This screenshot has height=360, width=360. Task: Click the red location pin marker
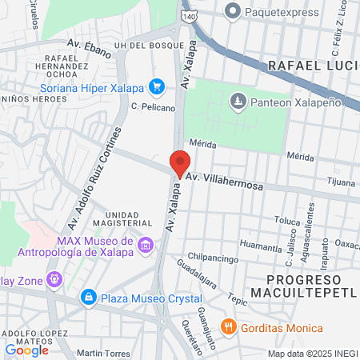tap(179, 162)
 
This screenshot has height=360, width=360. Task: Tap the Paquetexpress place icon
tap(233, 11)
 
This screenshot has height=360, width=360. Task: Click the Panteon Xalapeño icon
tap(238, 101)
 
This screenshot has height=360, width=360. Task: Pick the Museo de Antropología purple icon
tap(145, 245)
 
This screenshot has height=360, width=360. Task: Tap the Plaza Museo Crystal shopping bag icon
tap(87, 298)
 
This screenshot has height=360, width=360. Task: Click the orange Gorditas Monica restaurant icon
tap(228, 328)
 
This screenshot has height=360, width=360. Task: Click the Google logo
tap(26, 350)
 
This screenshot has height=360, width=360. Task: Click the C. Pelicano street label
tap(148, 105)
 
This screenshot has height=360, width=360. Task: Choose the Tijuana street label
tap(342, 182)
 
